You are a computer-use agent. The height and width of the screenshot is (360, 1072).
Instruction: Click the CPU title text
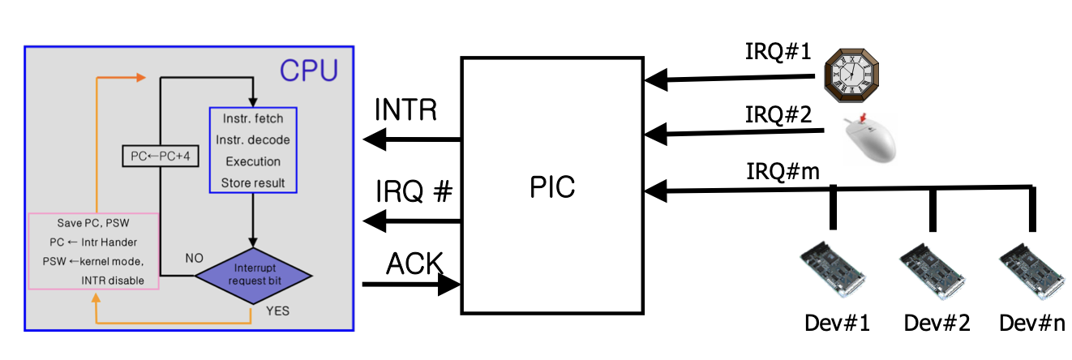309,71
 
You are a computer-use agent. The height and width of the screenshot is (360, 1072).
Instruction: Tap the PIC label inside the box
552,186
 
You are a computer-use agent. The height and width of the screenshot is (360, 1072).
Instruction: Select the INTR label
406,111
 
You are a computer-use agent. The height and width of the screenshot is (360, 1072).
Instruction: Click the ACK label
414,264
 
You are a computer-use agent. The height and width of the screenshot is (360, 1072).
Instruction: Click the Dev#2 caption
933,323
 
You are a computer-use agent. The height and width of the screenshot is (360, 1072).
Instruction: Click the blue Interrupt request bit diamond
253,275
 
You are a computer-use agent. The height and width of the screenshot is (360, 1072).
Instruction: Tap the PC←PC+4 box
160,156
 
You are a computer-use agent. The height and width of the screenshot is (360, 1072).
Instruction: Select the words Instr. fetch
253,119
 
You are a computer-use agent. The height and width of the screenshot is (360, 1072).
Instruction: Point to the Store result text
253,182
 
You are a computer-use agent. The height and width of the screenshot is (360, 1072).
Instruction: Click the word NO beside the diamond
195,258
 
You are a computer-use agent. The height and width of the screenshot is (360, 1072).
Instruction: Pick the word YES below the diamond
277,310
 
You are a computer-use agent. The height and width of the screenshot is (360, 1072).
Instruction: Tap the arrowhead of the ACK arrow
450,284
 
